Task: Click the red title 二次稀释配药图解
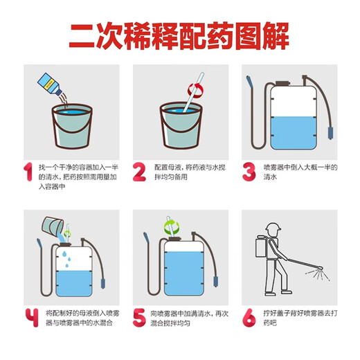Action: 179,36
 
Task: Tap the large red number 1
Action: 28,172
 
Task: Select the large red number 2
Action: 139,172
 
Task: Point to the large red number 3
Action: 249,172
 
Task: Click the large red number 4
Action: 32,318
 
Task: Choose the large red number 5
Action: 139,318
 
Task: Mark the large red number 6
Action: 249,318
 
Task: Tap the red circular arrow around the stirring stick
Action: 196,90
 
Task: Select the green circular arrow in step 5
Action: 171,226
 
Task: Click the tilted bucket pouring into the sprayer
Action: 53,225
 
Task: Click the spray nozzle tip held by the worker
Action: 320,268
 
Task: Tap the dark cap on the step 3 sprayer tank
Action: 282,83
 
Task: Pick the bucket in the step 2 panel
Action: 181,125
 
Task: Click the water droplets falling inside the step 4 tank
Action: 66,259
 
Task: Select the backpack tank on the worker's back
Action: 262,246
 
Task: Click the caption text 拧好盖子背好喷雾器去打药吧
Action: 300,318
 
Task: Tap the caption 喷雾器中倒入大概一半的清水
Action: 300,172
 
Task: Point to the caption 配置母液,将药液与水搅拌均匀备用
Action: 190,172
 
